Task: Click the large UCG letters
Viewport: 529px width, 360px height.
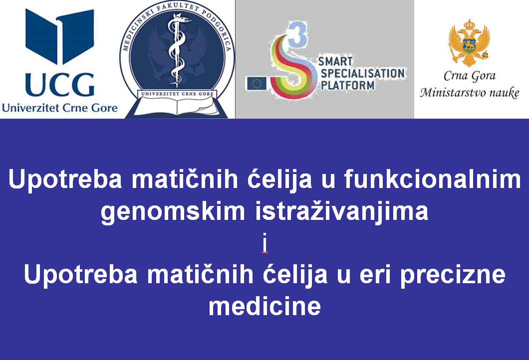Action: [x=60, y=85]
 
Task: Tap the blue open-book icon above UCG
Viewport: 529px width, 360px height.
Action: [x=60, y=36]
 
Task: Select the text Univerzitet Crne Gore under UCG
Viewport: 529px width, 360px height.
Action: [x=60, y=108]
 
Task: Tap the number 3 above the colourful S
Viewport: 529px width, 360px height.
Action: [x=297, y=34]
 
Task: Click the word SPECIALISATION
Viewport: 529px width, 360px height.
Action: [x=362, y=73]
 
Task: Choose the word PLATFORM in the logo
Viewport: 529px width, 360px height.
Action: [x=347, y=85]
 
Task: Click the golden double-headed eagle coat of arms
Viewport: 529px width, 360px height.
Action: [x=469, y=43]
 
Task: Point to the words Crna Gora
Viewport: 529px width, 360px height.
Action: [x=470, y=76]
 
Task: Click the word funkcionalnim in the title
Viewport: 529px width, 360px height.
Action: [x=433, y=180]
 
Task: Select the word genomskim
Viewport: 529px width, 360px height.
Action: [x=173, y=212]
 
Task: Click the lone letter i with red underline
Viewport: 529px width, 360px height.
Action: [x=265, y=243]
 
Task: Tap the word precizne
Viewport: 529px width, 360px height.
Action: [x=453, y=275]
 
